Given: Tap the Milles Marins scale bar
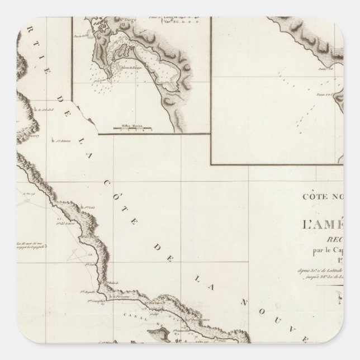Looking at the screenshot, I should [130, 126].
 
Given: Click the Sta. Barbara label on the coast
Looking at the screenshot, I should [155, 305].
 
